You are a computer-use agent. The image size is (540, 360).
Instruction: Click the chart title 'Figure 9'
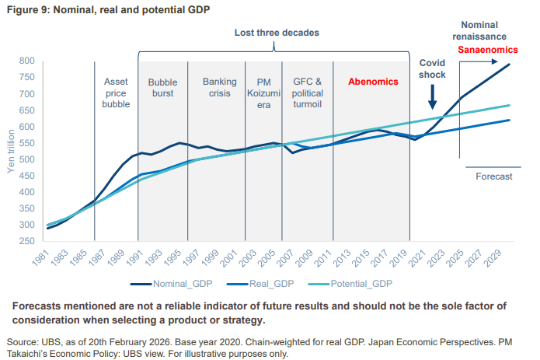click(x=110, y=9)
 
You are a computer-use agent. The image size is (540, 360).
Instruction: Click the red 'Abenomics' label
click(x=373, y=81)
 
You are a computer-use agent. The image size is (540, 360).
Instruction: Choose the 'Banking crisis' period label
click(x=219, y=87)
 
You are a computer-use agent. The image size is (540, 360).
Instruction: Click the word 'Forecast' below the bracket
click(x=493, y=177)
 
